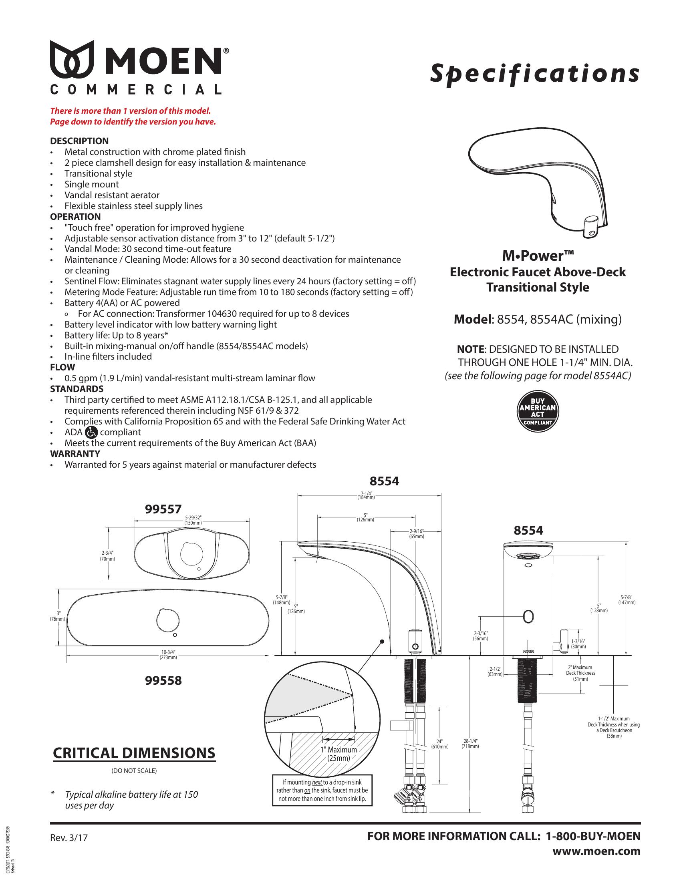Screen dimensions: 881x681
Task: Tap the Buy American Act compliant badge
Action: [x=537, y=412]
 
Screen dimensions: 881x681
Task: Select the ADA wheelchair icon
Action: [x=92, y=432]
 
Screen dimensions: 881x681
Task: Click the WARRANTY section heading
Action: [x=75, y=454]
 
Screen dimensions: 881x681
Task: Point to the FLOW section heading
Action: [x=62, y=367]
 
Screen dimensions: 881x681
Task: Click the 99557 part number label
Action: [x=163, y=510]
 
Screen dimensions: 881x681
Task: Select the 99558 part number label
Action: [x=163, y=681]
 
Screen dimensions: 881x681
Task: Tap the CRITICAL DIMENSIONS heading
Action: [x=134, y=753]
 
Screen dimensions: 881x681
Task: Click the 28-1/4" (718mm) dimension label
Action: [x=470, y=744]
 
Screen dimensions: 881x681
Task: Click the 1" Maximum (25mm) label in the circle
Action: [x=339, y=754]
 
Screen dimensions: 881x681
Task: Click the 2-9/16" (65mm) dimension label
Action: [x=417, y=534]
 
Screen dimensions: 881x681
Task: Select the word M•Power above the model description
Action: [x=537, y=256]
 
